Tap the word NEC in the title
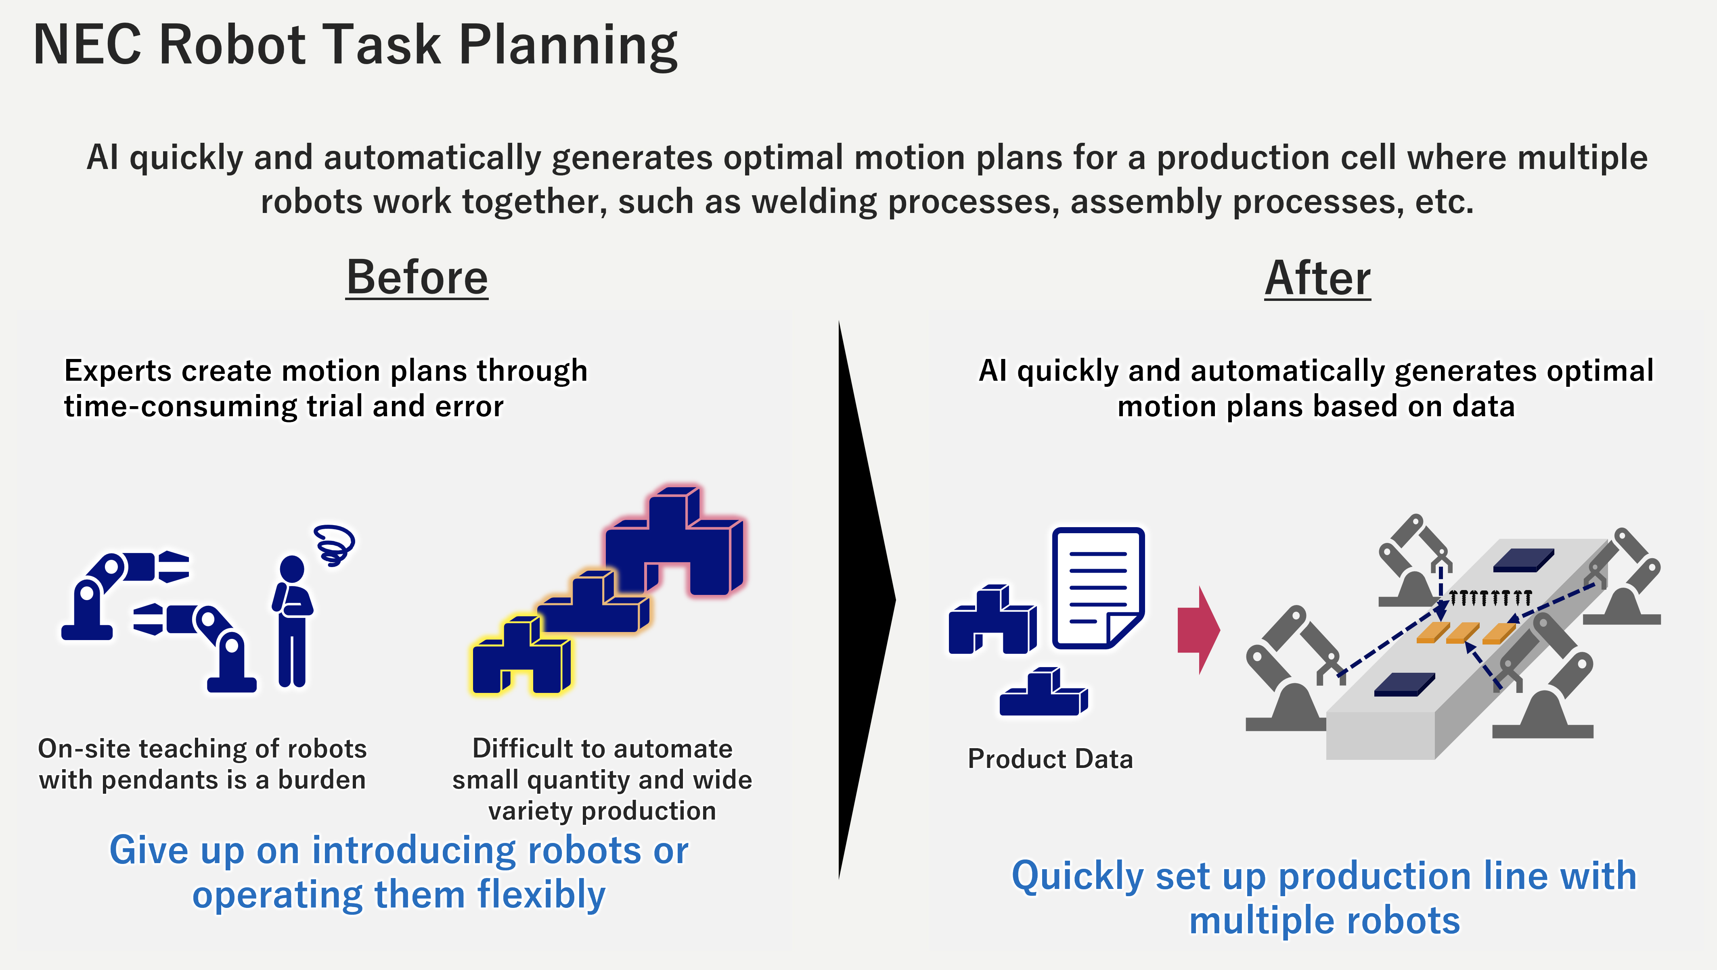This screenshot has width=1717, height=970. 87,45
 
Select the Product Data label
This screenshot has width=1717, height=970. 1050,759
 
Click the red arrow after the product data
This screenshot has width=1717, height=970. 1198,630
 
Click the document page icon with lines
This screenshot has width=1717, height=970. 1098,586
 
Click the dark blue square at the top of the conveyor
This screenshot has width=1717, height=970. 1523,560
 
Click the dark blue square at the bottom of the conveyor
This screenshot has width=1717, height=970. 1404,684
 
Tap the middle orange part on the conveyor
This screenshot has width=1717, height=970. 1463,632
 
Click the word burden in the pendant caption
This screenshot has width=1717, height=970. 322,780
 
